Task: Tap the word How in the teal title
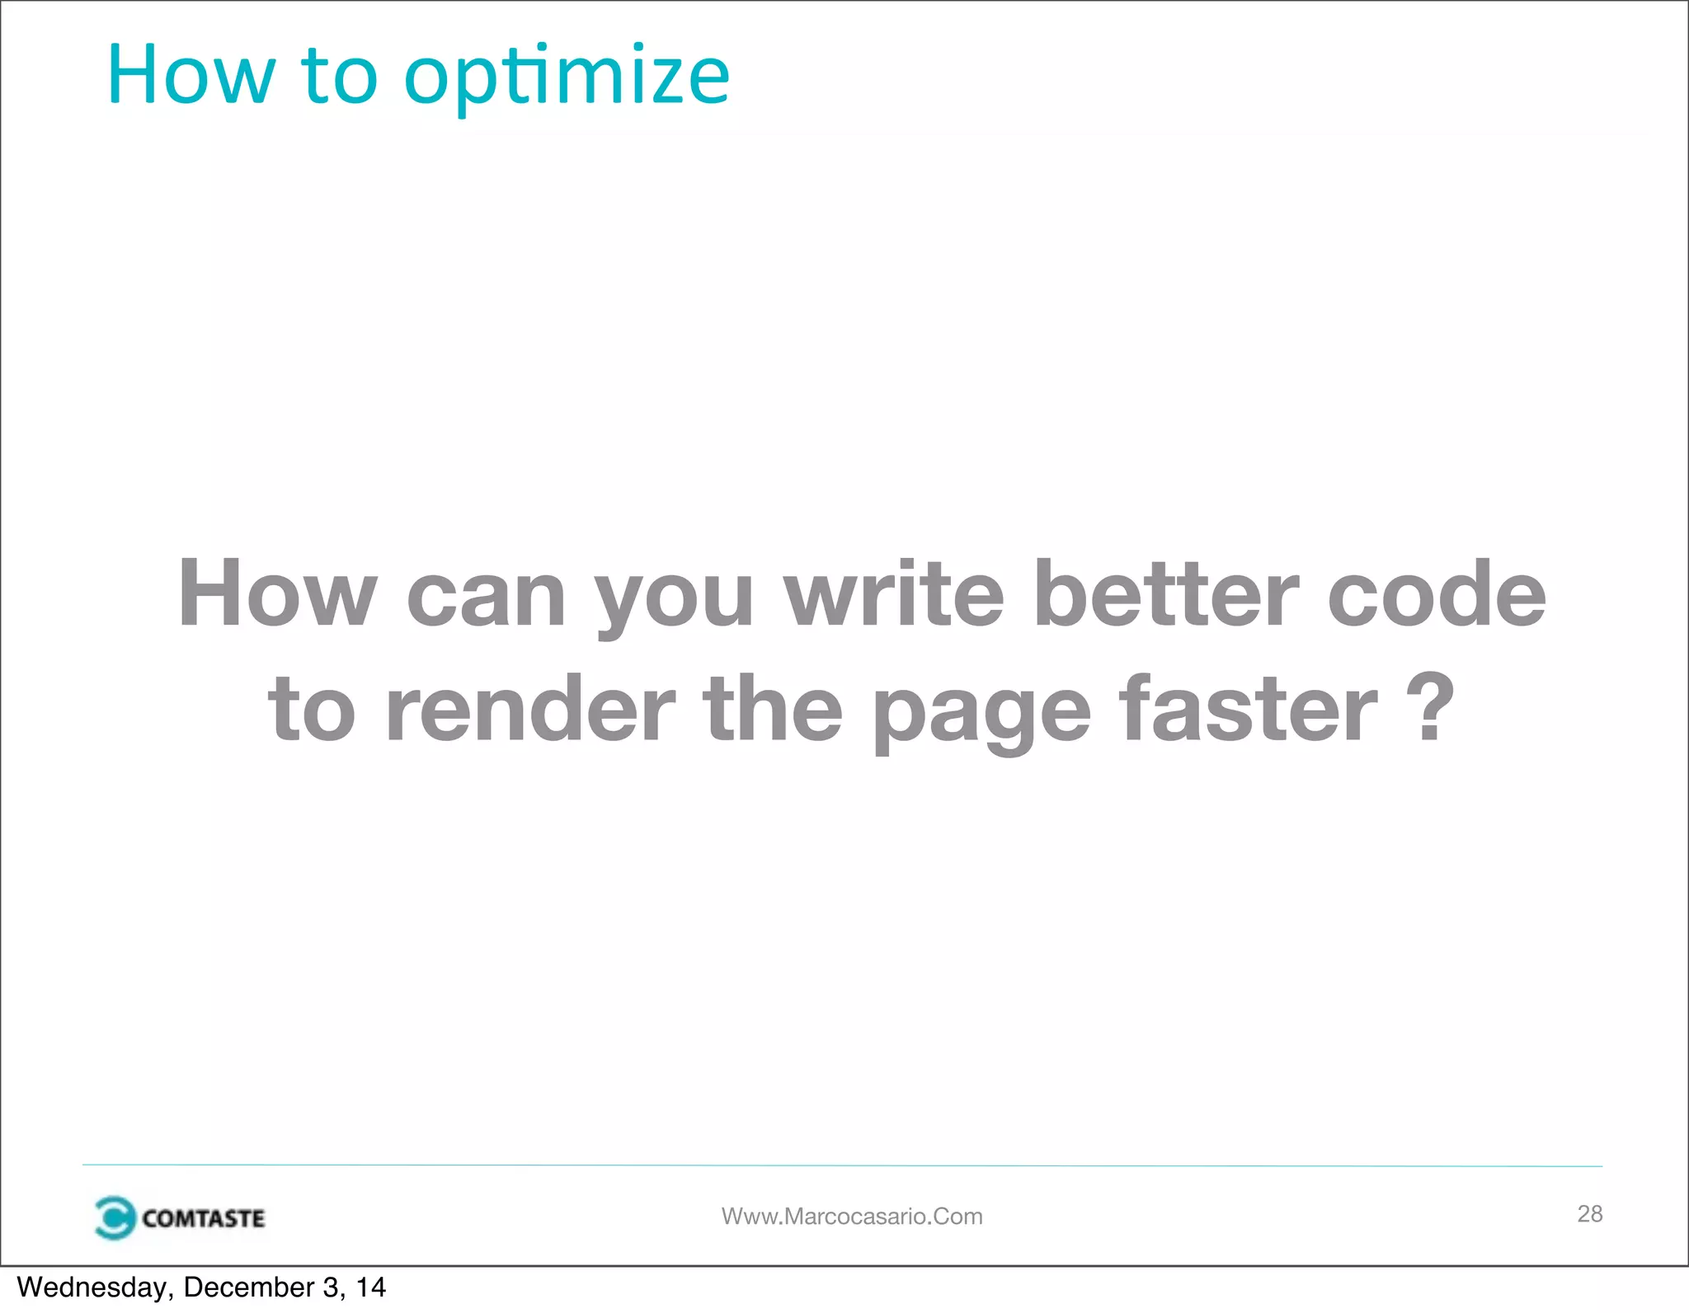click(191, 76)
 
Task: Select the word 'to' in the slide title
click(339, 77)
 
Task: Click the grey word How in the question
click(277, 593)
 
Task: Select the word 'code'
click(1436, 593)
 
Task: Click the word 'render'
click(530, 708)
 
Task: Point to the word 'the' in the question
click(773, 708)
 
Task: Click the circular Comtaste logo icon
click(114, 1217)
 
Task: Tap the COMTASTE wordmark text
click(204, 1218)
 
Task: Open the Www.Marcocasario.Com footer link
click(852, 1217)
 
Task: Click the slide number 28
click(1589, 1213)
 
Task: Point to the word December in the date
click(249, 1287)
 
